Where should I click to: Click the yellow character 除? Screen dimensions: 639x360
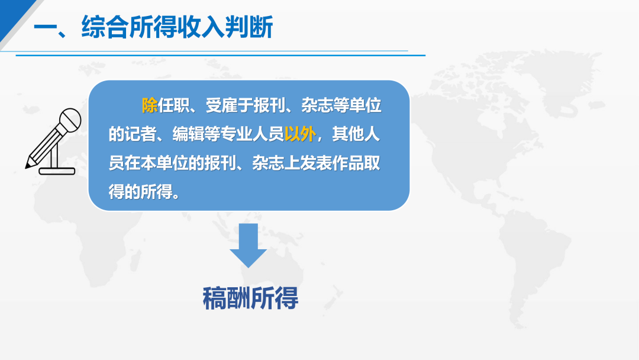coord(150,105)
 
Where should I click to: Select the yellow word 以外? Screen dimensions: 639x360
coord(300,134)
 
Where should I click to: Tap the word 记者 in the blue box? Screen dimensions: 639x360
coord(140,134)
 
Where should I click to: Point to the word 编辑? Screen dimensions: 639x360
coord(188,134)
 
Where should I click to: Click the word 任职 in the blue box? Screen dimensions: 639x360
coord(173,105)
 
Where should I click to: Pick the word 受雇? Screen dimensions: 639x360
coord(221,105)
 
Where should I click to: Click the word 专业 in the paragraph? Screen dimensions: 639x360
coord(236,134)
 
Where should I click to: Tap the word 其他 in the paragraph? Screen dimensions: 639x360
coord(348,134)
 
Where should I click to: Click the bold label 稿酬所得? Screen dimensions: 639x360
coord(250,298)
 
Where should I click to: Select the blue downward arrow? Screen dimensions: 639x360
coord(248,246)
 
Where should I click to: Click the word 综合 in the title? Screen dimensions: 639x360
coord(105,27)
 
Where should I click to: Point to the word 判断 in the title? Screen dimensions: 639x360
coord(249,27)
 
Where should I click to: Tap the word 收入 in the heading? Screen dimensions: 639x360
coord(201,27)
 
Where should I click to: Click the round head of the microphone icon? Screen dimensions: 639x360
coord(70,120)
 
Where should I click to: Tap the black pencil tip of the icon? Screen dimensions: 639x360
coord(28,165)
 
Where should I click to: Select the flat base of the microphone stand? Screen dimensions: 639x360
coord(57,171)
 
